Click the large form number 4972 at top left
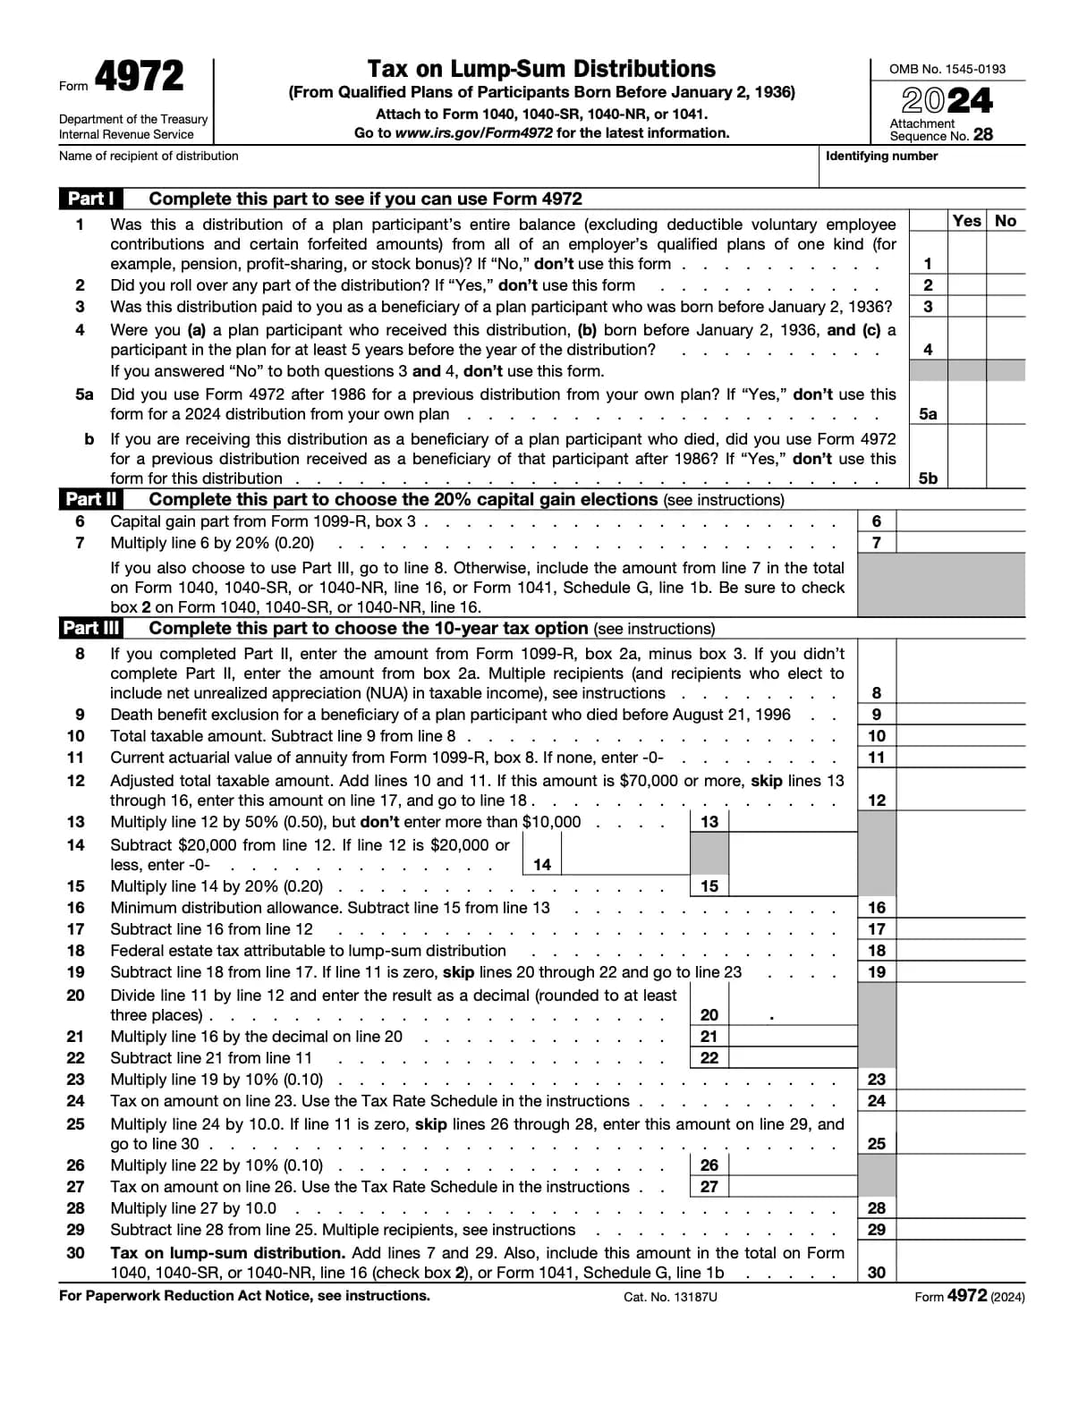tap(139, 77)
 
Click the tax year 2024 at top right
tap(947, 100)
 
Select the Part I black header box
tap(90, 199)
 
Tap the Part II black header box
tap(91, 499)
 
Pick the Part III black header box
tap(91, 628)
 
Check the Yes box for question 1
tap(966, 263)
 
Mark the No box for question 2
tap(1006, 285)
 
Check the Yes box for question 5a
tap(966, 413)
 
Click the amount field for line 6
tap(960, 521)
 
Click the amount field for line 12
tap(960, 800)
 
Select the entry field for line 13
tap(793, 821)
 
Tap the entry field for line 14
tap(625, 864)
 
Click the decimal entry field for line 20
tap(793, 1014)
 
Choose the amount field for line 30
tap(960, 1272)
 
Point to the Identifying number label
tap(881, 156)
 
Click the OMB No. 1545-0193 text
tap(947, 69)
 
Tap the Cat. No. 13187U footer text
tap(670, 1297)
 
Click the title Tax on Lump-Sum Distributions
tap(541, 69)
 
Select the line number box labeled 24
tap(877, 1101)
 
